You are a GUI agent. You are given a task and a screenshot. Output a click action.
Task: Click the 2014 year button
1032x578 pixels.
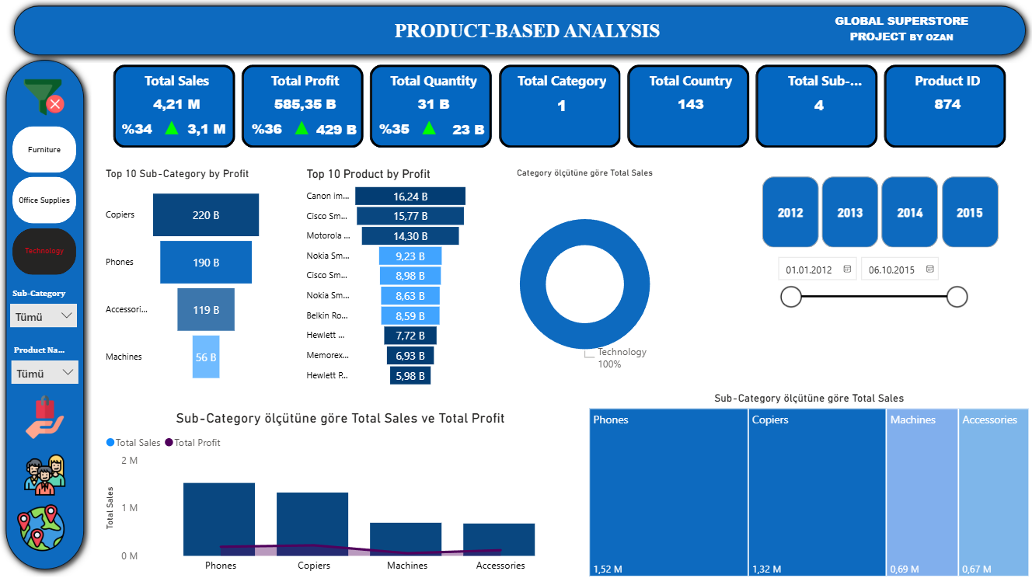click(910, 212)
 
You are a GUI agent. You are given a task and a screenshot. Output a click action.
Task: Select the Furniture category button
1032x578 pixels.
click(44, 149)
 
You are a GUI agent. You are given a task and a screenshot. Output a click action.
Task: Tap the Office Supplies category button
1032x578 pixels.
click(44, 200)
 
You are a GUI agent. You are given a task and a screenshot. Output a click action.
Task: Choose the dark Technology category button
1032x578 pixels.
click(44, 251)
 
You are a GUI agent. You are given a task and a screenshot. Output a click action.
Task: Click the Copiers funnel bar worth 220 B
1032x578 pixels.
click(206, 214)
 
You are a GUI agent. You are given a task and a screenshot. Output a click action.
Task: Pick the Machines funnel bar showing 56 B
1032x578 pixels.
click(206, 357)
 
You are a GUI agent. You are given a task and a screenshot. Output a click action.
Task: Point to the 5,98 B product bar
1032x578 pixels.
click(410, 376)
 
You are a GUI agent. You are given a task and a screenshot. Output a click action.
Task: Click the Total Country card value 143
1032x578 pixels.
click(690, 104)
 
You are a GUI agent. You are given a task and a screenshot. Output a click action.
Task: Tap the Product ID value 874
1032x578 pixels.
click(947, 104)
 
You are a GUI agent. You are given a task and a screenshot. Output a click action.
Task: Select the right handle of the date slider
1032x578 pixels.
click(957, 296)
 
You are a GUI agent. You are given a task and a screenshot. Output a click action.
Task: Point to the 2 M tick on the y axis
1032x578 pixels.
click(129, 461)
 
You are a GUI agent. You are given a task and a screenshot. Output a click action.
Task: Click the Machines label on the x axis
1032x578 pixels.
click(407, 566)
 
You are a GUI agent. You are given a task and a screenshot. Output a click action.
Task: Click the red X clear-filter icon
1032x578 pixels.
click(55, 104)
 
